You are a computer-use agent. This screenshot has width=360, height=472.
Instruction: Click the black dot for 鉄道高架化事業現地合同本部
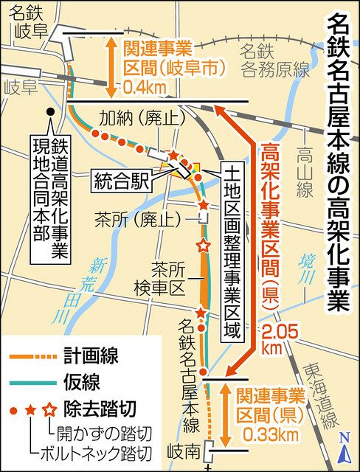[x=49, y=113]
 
